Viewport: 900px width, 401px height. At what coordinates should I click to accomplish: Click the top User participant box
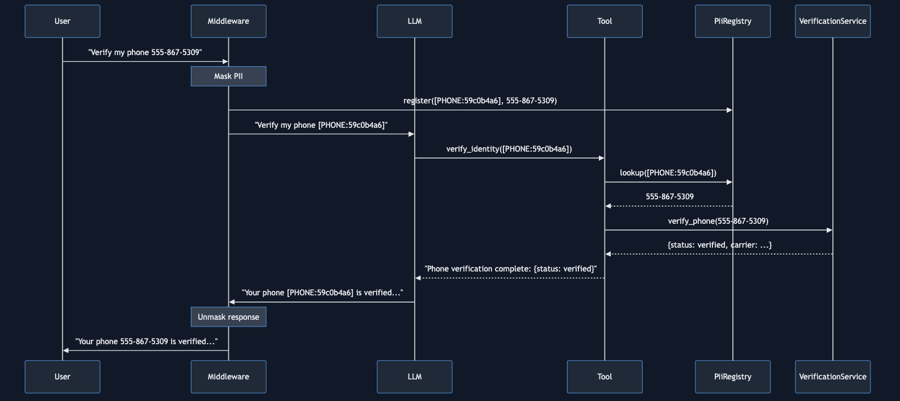pos(63,22)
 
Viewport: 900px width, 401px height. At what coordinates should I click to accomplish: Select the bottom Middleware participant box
pos(228,377)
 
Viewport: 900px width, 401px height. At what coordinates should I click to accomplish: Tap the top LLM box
pos(414,22)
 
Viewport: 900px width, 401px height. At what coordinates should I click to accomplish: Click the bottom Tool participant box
pos(605,377)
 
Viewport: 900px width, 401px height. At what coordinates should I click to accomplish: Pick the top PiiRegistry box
pos(732,22)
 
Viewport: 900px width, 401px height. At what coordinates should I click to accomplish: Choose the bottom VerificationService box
pos(832,377)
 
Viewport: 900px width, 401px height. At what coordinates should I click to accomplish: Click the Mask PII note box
pos(228,76)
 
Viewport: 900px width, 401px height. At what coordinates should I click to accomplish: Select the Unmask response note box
pos(228,317)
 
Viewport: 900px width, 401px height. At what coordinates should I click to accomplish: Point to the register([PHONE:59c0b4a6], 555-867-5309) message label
pos(480,101)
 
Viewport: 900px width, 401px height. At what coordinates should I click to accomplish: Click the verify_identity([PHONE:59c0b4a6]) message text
pos(509,149)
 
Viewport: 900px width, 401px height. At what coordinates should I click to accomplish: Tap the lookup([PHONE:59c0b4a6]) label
pos(668,173)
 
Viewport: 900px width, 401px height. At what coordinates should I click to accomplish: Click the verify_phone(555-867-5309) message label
pos(718,221)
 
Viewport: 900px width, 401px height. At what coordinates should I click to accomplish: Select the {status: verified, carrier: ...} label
pos(719,245)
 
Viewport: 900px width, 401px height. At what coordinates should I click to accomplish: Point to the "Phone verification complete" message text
pos(510,269)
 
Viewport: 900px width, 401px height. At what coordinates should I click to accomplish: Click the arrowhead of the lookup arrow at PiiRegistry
pos(730,182)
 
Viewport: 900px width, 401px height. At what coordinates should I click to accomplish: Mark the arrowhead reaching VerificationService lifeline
pos(830,230)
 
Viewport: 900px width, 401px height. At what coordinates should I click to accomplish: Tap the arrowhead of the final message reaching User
pos(66,350)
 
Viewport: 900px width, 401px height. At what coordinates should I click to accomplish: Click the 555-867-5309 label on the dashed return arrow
pos(669,197)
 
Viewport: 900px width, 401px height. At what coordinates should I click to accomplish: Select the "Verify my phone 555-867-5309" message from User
pos(145,52)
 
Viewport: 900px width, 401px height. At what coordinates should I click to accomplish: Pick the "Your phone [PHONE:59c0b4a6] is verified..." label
pos(322,293)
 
